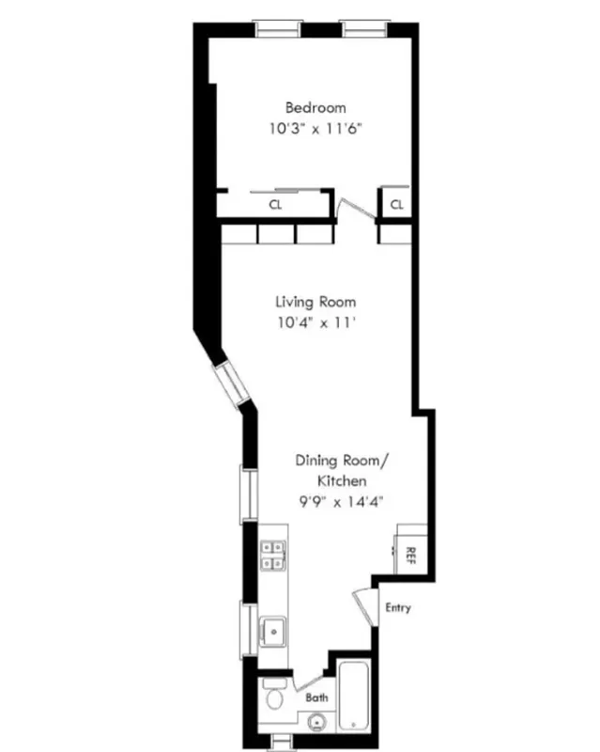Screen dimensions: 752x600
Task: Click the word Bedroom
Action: [x=315, y=107]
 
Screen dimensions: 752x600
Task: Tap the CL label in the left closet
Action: [x=276, y=204]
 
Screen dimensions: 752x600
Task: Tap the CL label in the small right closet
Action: [x=396, y=204]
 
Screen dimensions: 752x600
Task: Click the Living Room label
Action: [x=315, y=302]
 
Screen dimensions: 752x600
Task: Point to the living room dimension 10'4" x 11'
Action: [x=315, y=323]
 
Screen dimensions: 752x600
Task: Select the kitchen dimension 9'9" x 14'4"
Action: [x=340, y=501]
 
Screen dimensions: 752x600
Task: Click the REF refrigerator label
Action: [x=410, y=555]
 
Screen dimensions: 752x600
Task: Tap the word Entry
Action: [x=397, y=607]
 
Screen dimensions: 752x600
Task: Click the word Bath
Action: [x=315, y=698]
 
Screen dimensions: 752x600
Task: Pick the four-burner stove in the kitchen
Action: [x=273, y=556]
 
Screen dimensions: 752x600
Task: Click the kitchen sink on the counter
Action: [x=273, y=630]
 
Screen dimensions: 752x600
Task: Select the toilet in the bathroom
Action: [x=273, y=697]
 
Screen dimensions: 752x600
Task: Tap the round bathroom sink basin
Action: [x=317, y=723]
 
